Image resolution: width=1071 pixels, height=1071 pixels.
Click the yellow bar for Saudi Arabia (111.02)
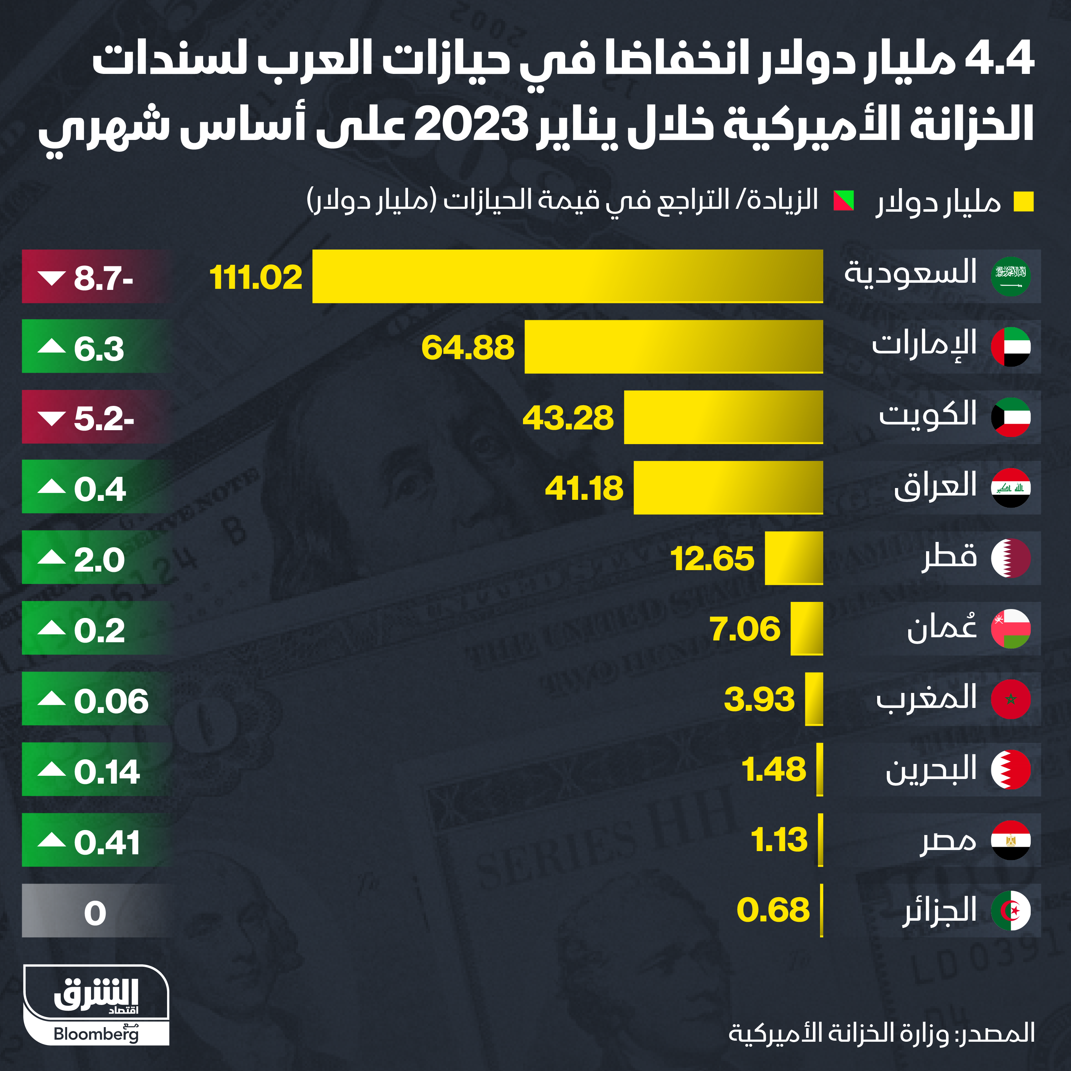point(567,276)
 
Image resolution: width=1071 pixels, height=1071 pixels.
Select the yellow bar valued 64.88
point(674,346)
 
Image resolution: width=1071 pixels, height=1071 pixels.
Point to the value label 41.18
point(584,488)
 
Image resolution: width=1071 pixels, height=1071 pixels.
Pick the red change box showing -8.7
point(94,276)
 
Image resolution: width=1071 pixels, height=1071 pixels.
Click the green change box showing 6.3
point(94,346)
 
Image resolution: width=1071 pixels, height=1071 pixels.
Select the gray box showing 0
point(94,911)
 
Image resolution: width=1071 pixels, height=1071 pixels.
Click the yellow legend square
point(1023,202)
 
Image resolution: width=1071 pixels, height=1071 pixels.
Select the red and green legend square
point(844,201)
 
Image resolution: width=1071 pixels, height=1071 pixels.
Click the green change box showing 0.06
point(94,699)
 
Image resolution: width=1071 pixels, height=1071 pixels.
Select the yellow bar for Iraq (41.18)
point(728,488)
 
